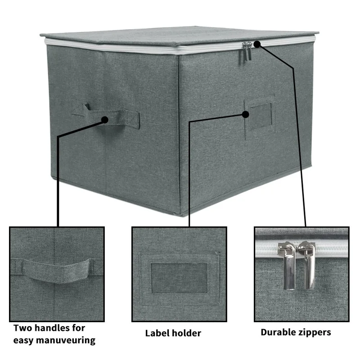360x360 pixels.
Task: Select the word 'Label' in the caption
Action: click(x=157, y=333)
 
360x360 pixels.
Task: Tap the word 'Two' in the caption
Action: click(x=23, y=328)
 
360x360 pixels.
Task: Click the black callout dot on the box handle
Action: click(x=105, y=120)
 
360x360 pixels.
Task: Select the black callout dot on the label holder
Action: click(x=245, y=114)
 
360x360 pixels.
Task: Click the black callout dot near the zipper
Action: click(x=257, y=44)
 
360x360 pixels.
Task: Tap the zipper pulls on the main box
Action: click(x=247, y=50)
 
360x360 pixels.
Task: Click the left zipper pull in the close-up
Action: click(x=286, y=265)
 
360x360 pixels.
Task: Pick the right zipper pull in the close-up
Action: click(x=308, y=265)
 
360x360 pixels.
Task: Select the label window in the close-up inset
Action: click(x=179, y=278)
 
